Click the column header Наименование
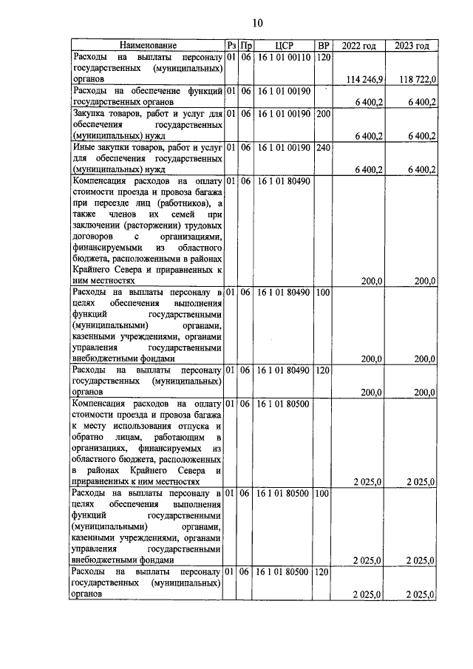(146, 47)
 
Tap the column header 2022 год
(361, 47)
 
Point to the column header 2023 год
(412, 47)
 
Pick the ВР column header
(323, 47)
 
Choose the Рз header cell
(231, 47)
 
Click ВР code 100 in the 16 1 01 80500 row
(323, 493)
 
